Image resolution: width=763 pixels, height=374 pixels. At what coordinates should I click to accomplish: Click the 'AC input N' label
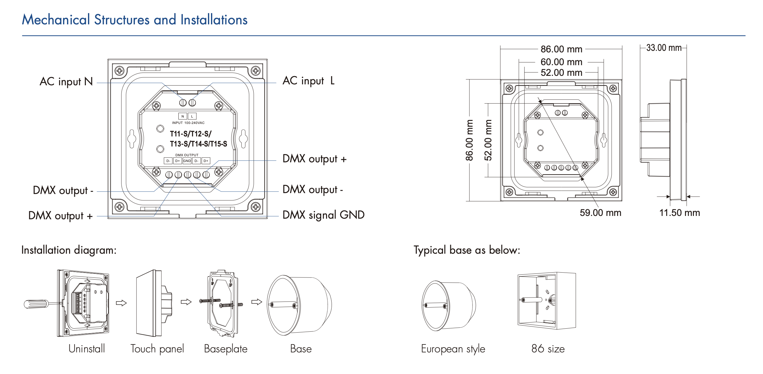66,82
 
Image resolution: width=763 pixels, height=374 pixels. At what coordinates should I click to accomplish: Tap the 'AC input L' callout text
308,81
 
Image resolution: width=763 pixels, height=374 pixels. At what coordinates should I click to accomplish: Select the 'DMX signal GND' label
323,215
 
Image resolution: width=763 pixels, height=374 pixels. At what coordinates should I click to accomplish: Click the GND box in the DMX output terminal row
187,161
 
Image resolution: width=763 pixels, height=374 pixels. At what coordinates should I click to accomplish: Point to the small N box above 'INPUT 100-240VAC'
182,116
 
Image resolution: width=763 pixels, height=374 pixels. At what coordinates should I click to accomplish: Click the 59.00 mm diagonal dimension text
600,213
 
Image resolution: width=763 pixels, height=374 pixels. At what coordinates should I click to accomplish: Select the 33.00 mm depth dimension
664,48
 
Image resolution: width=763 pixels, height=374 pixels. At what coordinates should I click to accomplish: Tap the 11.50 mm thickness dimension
680,213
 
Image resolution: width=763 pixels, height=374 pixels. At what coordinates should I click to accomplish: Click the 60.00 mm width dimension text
561,62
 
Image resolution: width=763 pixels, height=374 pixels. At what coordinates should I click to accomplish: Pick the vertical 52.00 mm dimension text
488,140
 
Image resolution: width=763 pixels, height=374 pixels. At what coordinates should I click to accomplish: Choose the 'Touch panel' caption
157,349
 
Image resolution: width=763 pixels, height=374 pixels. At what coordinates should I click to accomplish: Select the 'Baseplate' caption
226,349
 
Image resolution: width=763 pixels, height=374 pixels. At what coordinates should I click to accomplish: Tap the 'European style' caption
453,349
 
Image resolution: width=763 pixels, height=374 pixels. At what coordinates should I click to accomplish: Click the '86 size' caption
548,349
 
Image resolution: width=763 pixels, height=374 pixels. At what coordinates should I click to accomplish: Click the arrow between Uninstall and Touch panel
121,303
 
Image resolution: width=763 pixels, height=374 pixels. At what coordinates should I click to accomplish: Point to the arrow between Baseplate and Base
257,302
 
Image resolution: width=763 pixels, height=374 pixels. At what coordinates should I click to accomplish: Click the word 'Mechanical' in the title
56,20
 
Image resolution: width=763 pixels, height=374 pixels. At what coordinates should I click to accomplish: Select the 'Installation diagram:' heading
69,250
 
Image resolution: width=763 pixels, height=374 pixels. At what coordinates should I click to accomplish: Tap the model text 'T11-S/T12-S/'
191,134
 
